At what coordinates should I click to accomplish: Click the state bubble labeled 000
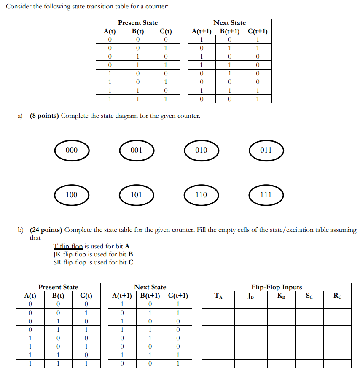(x=72, y=150)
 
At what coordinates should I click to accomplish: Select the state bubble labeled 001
(x=137, y=150)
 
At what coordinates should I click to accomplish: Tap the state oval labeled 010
(x=201, y=150)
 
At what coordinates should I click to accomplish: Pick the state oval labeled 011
(x=266, y=150)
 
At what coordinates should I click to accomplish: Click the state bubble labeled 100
(x=72, y=195)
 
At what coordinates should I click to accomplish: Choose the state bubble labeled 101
(x=137, y=195)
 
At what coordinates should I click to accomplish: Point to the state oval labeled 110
(x=201, y=195)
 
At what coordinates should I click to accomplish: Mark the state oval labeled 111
(x=266, y=195)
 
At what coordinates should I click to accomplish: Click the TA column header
(x=218, y=296)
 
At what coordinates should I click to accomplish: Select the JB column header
(x=251, y=296)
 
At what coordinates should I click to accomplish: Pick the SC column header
(x=309, y=296)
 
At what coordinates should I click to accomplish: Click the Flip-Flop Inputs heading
(x=277, y=287)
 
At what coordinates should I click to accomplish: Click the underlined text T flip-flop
(x=69, y=246)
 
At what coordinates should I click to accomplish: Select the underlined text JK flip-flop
(x=70, y=254)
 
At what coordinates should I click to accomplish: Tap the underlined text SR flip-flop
(x=70, y=262)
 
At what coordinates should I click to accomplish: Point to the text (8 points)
(x=44, y=116)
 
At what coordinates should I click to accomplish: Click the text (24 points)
(x=46, y=230)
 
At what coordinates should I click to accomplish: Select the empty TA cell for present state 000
(x=218, y=304)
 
